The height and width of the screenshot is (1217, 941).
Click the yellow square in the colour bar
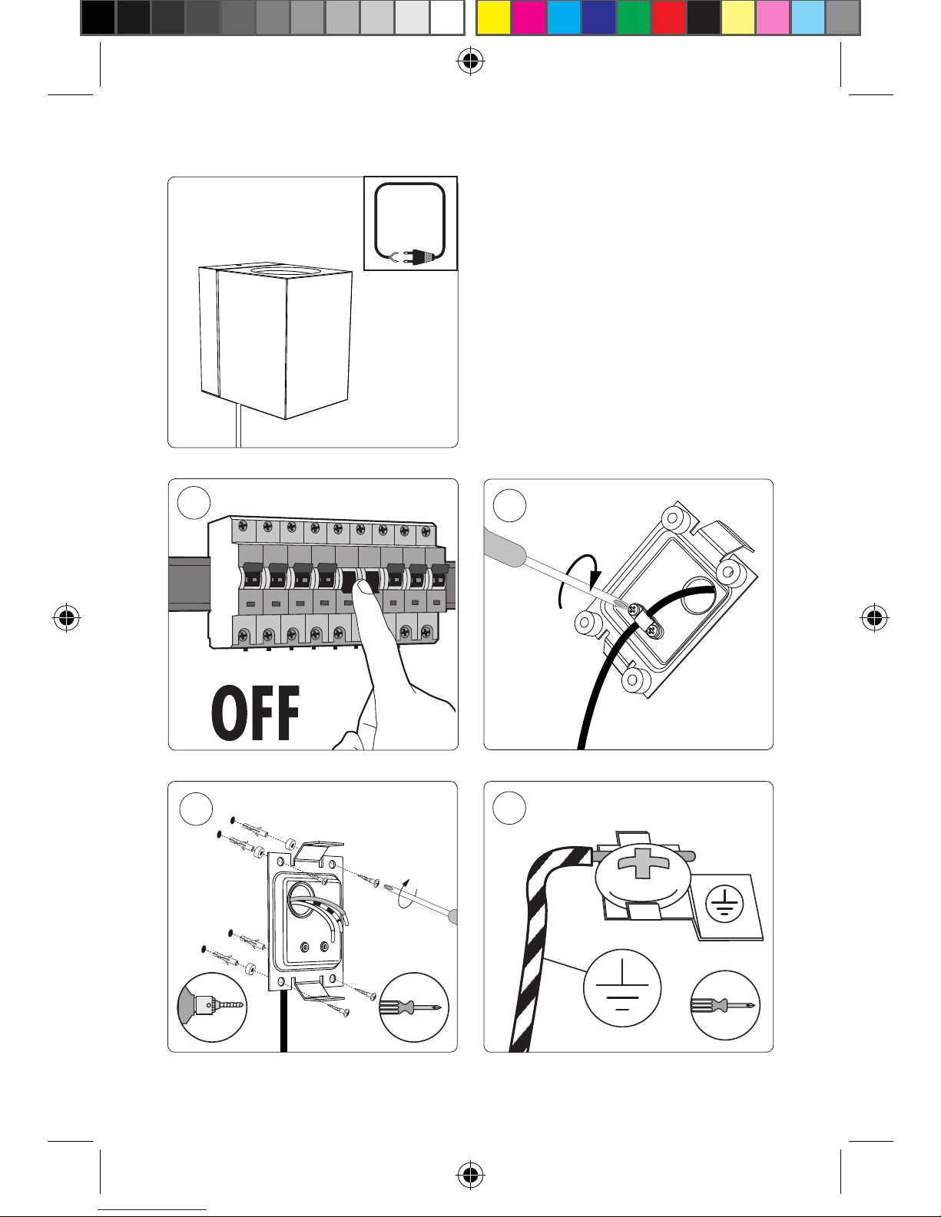[x=493, y=18]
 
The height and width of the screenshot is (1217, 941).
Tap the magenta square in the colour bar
[x=528, y=18]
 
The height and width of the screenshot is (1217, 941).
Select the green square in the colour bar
[x=634, y=18]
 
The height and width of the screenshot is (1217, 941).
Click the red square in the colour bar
[x=668, y=18]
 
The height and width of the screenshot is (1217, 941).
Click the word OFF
[x=255, y=713]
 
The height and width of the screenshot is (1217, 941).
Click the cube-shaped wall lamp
[x=276, y=339]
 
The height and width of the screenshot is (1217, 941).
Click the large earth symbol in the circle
[x=622, y=988]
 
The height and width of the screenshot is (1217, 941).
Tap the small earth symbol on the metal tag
[x=725, y=904]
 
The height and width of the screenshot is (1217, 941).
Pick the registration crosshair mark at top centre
[x=470, y=61]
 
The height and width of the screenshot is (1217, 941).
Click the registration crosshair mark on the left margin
[x=67, y=618]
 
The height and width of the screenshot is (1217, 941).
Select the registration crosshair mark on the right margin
[x=874, y=618]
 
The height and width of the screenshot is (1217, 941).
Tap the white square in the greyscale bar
[x=447, y=18]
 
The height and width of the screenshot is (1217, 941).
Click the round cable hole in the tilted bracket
[x=698, y=594]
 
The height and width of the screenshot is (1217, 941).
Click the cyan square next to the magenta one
[x=564, y=18]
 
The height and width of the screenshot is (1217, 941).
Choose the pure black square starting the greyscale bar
[x=98, y=18]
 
